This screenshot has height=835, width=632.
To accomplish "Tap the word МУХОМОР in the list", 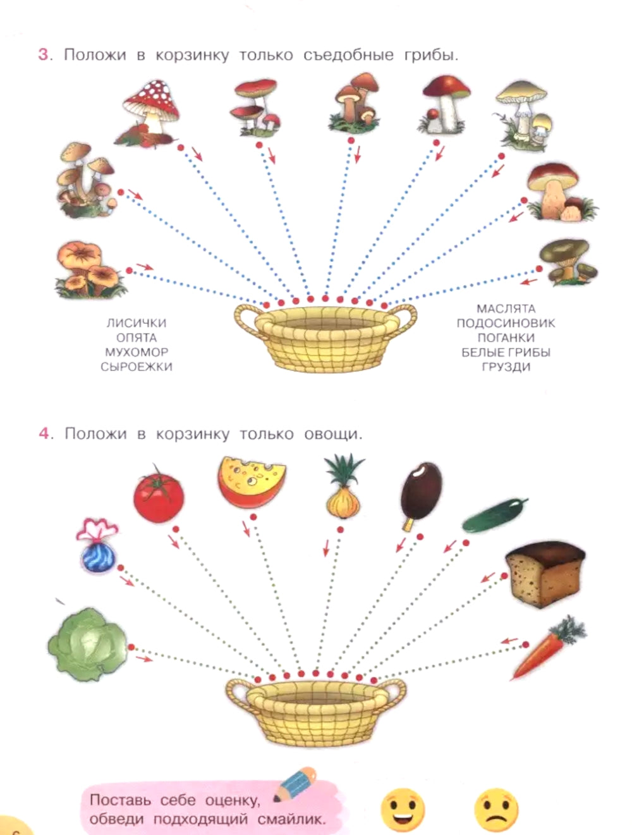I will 137,352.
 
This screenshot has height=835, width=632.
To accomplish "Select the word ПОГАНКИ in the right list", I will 506,338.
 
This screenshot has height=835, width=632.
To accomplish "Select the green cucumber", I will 495,514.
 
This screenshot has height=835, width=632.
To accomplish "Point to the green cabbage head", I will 87,645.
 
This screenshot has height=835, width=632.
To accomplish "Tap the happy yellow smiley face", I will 403,810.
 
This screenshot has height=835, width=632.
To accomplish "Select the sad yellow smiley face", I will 497,810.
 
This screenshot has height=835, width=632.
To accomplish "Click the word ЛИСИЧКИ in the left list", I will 137,323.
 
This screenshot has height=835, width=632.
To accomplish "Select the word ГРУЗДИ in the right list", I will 506,367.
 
